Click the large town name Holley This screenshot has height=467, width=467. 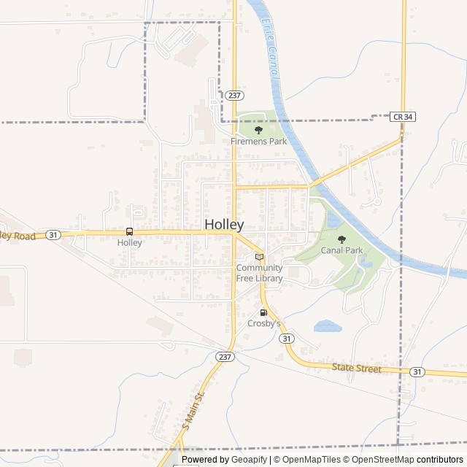(224, 225)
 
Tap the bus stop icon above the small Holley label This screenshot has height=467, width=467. (130, 232)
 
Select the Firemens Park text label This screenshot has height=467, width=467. (258, 141)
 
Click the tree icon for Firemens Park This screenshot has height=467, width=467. (258, 130)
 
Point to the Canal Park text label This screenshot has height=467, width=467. (342, 250)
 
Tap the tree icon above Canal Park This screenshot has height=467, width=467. (341, 239)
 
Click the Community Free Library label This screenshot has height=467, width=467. (259, 272)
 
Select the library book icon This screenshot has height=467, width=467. (259, 257)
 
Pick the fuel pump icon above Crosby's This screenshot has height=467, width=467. (263, 312)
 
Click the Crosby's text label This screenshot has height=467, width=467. (263, 323)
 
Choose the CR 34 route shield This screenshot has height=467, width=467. (402, 116)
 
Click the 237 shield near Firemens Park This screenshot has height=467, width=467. (233, 96)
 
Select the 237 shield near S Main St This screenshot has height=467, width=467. (225, 356)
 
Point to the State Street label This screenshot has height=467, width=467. (357, 369)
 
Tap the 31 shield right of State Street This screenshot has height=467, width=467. (417, 372)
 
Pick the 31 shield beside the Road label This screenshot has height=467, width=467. (53, 235)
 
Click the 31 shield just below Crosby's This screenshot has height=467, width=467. (287, 339)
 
